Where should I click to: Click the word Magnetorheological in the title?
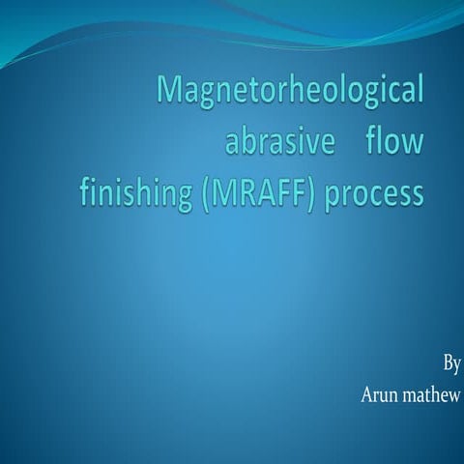click(290, 94)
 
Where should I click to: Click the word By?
click(451, 365)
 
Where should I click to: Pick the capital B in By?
click(448, 364)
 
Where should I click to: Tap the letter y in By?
click(457, 367)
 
